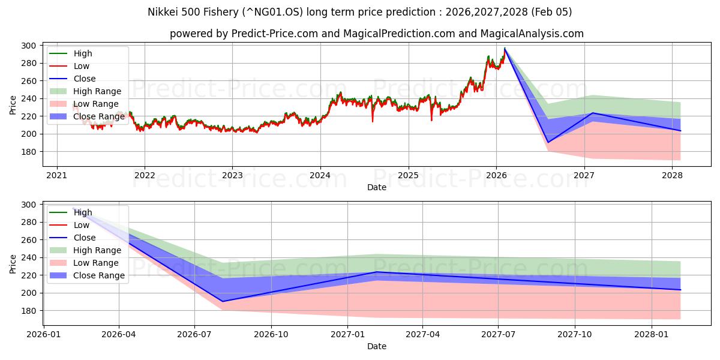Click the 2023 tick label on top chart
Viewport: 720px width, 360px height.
(x=232, y=175)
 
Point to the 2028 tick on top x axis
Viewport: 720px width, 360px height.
(x=672, y=175)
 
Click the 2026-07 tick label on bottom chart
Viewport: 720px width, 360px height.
(x=195, y=334)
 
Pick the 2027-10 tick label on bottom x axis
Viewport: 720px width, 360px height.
(x=575, y=334)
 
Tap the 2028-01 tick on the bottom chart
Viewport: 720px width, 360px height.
(x=651, y=334)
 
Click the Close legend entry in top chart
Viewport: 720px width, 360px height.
(x=84, y=79)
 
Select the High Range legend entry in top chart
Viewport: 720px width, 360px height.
(x=97, y=91)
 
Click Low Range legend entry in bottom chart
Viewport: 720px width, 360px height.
(x=96, y=263)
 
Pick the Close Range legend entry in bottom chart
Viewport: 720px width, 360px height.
(x=98, y=275)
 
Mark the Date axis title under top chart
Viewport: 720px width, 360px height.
(x=377, y=187)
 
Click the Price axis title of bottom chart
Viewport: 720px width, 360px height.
(x=13, y=263)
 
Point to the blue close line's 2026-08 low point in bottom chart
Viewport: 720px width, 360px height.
(x=223, y=301)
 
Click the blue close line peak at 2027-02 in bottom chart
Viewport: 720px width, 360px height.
(x=376, y=272)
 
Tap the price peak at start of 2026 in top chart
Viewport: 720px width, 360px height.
(x=505, y=48)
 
